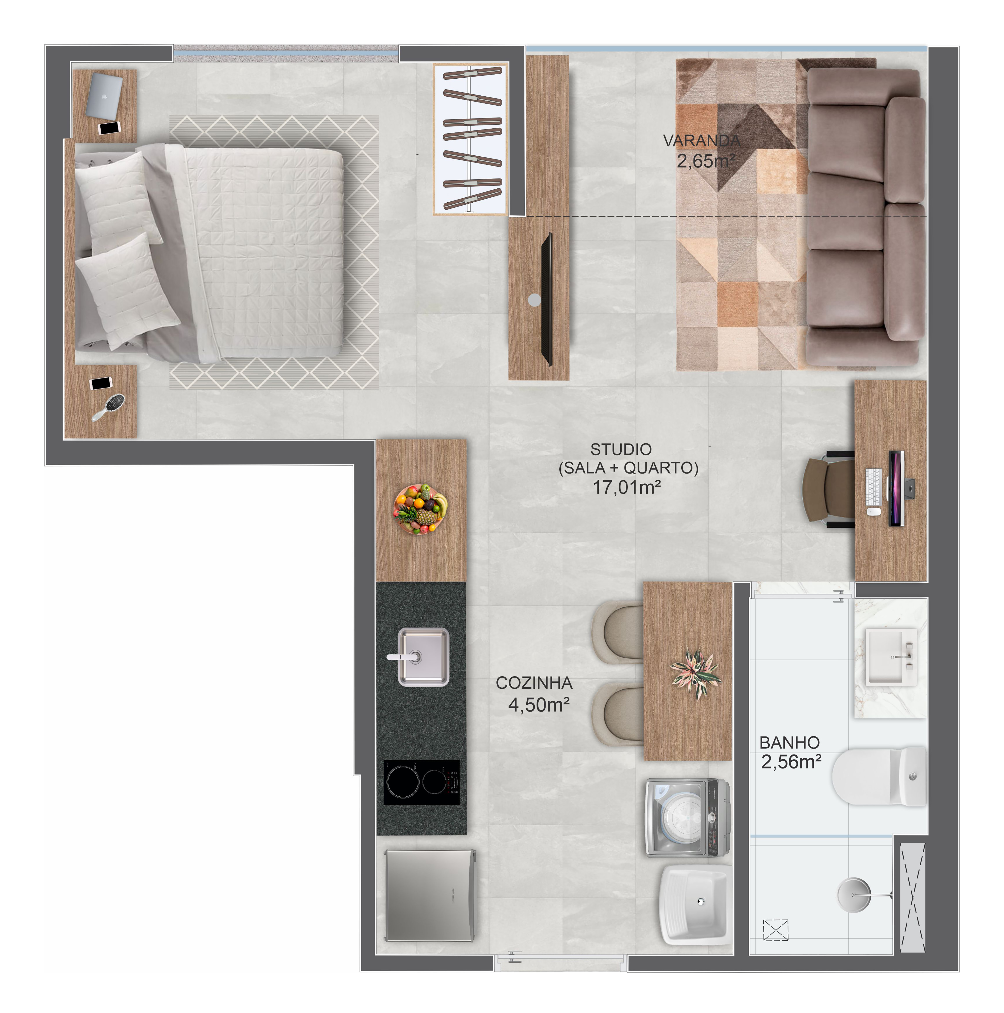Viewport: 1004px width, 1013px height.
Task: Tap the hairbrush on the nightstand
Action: click(109, 407)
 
